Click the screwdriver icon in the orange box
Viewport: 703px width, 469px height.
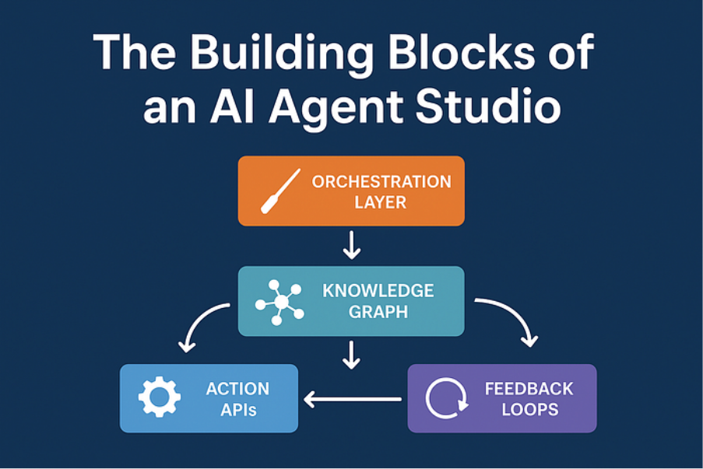279,191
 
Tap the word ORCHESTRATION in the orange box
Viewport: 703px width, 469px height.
381,182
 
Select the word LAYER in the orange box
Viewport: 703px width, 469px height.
381,203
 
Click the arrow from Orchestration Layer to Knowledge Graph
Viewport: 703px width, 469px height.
352,244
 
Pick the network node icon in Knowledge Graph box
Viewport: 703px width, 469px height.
279,301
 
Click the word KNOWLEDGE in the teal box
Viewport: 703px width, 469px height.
378,292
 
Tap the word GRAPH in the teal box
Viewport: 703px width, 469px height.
378,313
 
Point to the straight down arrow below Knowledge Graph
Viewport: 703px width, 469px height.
352,354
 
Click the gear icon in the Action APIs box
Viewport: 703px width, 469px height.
160,398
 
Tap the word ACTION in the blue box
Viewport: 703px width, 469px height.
237,388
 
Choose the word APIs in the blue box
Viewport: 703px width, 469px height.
237,409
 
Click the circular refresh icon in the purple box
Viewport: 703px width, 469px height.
446,398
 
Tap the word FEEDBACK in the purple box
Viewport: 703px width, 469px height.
529,388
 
